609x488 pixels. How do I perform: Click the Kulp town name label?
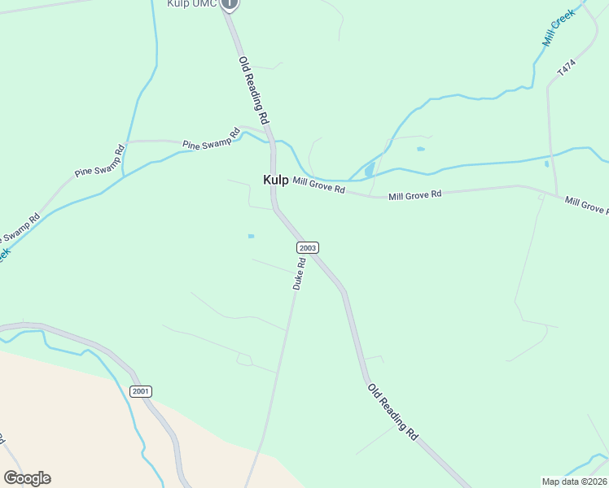(275, 180)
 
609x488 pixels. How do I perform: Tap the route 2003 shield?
(307, 247)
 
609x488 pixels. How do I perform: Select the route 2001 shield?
(140, 391)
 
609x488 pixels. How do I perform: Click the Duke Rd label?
(299, 274)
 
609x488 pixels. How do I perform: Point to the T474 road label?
(567, 68)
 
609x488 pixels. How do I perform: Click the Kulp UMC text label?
(192, 3)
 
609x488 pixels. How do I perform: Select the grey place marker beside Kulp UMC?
(230, 3)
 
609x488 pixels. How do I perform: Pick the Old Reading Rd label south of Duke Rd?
(392, 412)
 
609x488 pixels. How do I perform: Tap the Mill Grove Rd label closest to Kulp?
(319, 185)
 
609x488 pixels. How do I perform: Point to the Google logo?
(27, 478)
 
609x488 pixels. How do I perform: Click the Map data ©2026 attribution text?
(574, 481)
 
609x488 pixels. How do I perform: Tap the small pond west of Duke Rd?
(251, 236)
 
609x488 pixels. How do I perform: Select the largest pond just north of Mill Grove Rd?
(370, 170)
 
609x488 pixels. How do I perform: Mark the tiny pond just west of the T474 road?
(546, 163)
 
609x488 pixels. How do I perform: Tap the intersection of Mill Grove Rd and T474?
(557, 195)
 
